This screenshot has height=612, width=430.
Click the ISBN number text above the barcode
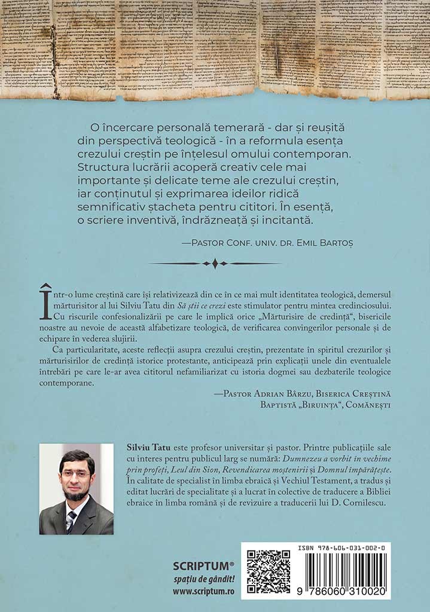[341, 547]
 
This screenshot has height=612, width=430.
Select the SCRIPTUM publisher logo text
[203, 565]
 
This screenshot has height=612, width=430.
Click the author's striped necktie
[71, 521]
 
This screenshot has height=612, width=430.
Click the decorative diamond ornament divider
[215, 264]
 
